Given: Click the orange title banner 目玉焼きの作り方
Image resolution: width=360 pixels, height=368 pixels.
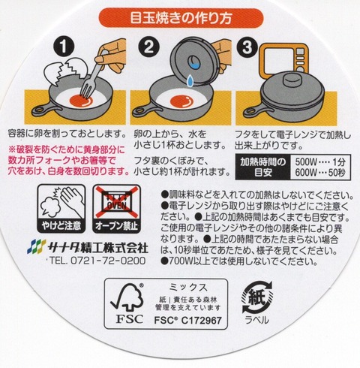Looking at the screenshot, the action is coord(181,17).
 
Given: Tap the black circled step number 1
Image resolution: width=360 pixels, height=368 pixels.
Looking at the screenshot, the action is coord(64,47).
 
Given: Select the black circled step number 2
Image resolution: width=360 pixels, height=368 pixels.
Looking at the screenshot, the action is coord(148,47).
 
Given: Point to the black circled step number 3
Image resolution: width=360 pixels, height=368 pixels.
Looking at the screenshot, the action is coord(247,47).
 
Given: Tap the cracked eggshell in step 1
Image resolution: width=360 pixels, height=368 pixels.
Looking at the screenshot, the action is coord(65,71).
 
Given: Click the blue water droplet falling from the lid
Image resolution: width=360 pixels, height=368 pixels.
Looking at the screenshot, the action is coord(190,80).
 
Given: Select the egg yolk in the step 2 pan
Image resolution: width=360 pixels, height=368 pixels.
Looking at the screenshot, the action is coord(182,101).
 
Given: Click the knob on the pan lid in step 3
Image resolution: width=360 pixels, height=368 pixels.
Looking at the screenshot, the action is coord(292,79).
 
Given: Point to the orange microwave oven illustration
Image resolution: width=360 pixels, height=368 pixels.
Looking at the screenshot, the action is coord(284,60).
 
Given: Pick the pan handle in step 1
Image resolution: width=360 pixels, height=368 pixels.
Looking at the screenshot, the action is coord(46,110).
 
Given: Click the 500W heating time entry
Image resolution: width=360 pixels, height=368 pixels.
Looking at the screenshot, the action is coord(320,162).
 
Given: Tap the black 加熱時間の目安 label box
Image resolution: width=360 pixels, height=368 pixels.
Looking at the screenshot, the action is coord(262,167).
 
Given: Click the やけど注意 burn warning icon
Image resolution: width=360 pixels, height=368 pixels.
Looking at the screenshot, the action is coord(61,209).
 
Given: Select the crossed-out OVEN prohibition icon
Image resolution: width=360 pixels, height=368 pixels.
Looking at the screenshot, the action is coord(116,209).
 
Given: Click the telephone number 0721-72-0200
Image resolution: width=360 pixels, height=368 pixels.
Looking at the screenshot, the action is coord(108,261).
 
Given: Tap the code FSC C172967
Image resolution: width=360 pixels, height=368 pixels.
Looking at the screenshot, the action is coord(187,320).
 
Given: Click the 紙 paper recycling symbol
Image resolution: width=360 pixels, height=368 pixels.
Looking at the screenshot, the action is coord(257,297).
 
